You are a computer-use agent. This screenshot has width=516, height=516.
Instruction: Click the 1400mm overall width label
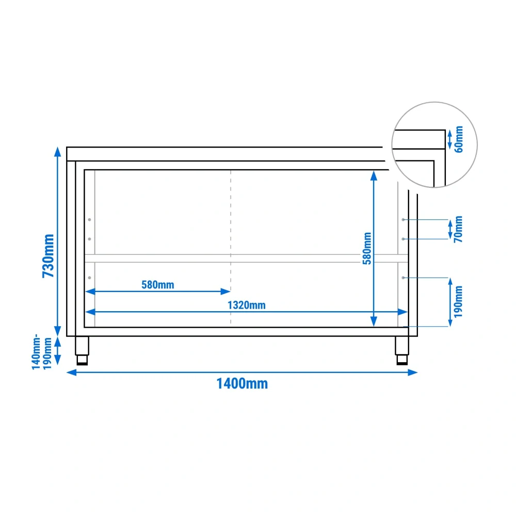click(x=242, y=384)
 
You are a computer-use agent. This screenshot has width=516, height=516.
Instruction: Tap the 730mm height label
click(x=49, y=256)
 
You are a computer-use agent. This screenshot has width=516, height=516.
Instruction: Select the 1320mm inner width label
click(x=247, y=305)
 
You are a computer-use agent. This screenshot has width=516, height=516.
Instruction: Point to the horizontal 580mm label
click(x=157, y=285)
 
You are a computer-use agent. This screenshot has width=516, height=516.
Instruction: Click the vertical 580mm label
click(x=367, y=249)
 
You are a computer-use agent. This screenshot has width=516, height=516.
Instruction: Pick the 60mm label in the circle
click(x=459, y=139)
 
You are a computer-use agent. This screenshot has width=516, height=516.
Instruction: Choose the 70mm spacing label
click(x=458, y=230)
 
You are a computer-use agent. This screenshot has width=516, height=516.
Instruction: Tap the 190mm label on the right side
click(x=458, y=302)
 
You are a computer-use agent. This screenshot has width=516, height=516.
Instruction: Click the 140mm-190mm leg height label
click(x=41, y=352)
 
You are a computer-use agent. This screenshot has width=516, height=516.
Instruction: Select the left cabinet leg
click(x=82, y=350)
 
